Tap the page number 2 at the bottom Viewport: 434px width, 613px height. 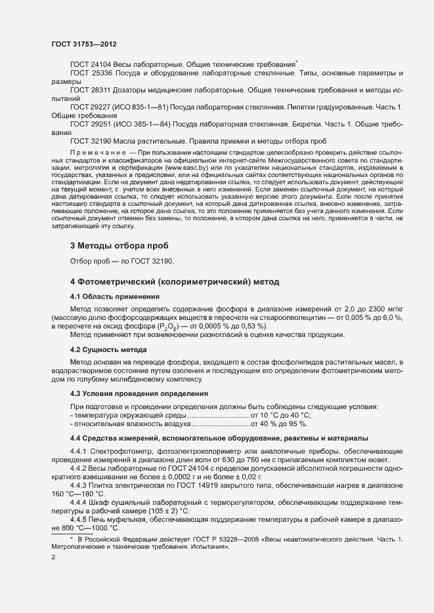click(53, 557)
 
